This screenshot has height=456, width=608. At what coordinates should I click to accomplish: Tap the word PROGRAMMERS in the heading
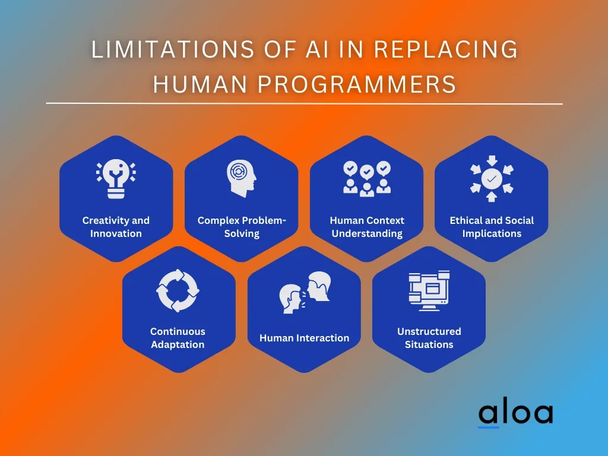(357, 84)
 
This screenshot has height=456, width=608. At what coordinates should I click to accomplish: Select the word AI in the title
(318, 49)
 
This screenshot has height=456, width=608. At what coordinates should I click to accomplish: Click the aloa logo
(516, 414)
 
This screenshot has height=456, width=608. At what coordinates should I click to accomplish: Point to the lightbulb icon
(116, 179)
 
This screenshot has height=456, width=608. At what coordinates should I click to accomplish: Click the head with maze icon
(241, 178)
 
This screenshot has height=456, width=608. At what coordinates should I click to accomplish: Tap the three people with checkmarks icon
(367, 179)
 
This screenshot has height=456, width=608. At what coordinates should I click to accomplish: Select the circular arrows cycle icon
(178, 290)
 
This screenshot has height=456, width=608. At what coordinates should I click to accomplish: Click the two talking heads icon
(305, 292)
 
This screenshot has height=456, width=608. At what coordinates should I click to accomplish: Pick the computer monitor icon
(429, 290)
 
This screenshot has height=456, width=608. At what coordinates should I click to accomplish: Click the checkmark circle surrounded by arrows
(492, 179)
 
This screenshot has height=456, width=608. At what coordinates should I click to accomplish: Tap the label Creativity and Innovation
(116, 227)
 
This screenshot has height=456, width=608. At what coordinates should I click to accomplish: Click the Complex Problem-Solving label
(242, 227)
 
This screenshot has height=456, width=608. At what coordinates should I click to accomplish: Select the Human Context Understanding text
(367, 227)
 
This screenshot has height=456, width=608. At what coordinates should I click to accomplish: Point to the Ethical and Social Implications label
(492, 227)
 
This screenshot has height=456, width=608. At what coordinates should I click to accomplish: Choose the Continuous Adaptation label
(178, 338)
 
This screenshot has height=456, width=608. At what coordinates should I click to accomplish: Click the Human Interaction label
(305, 338)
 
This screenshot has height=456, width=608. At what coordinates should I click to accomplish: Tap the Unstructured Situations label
(429, 338)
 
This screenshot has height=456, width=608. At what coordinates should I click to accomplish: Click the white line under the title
(305, 103)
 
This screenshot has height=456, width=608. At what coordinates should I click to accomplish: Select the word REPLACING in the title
(446, 49)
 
